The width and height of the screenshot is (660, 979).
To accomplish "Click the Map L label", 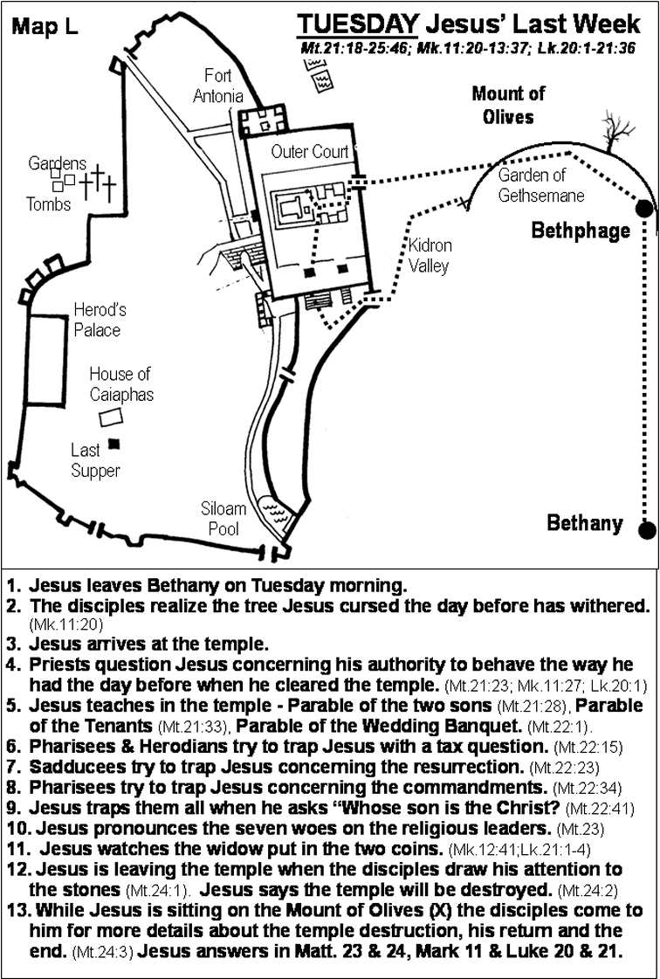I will click(45, 27).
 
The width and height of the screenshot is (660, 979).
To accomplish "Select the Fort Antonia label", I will click(217, 86).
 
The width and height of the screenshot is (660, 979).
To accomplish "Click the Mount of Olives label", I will click(508, 105).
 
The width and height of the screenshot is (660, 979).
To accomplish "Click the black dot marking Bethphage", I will click(645, 208).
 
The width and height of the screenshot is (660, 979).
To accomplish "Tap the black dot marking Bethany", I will click(646, 530).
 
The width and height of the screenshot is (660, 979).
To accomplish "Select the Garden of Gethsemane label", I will click(540, 185).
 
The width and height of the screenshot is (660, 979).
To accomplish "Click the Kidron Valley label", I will click(430, 255).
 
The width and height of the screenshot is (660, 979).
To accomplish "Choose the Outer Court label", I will click(309, 152).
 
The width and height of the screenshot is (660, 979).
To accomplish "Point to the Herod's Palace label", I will click(97, 321).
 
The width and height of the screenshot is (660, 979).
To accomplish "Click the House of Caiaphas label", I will click(120, 384).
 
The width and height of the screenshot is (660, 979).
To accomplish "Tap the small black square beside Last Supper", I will click(113, 444).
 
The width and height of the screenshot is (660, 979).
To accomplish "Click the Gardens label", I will click(57, 163).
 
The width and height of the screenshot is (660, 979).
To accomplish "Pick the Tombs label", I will click(48, 204).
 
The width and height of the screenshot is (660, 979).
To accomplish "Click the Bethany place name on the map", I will click(584, 523).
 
